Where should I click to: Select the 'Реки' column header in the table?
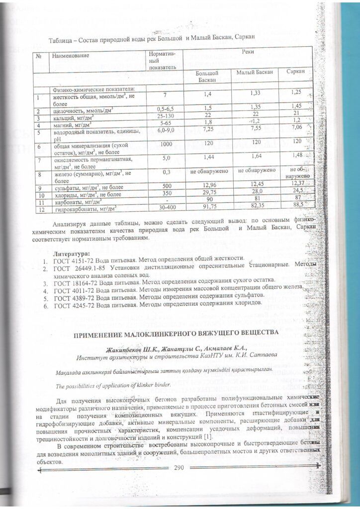tap(247, 52)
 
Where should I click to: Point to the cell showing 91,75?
tap(208, 205)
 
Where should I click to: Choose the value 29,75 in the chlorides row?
tap(208, 192)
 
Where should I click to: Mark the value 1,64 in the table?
tap(257, 156)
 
